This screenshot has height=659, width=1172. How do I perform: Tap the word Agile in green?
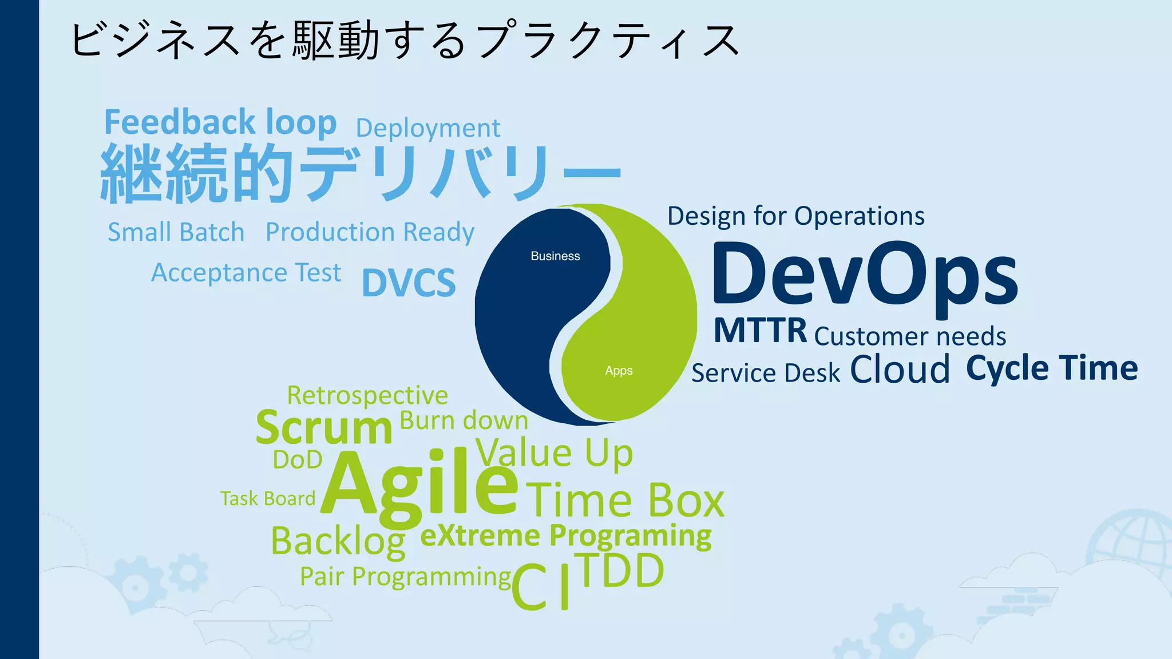(x=419, y=484)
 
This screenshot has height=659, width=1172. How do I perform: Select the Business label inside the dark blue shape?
(x=555, y=256)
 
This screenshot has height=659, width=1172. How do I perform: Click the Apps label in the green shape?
(x=619, y=371)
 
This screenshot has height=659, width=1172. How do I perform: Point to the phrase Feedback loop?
(x=220, y=122)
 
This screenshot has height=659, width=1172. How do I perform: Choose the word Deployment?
(x=428, y=128)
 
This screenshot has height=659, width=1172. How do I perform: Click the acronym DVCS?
(x=409, y=282)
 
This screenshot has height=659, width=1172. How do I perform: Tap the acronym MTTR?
(x=760, y=330)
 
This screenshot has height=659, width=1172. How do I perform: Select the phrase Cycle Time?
(x=1052, y=368)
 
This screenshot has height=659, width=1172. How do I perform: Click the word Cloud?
(x=900, y=369)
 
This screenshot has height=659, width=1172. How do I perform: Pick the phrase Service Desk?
(x=766, y=373)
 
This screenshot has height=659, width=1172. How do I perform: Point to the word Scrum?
(x=324, y=427)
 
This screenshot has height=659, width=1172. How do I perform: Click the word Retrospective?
(x=367, y=395)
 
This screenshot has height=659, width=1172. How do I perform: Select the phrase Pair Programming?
(x=405, y=577)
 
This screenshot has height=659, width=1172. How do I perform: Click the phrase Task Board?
(x=268, y=498)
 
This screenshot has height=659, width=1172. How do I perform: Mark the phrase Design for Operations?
(x=795, y=216)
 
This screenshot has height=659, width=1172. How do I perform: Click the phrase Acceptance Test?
(x=246, y=273)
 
